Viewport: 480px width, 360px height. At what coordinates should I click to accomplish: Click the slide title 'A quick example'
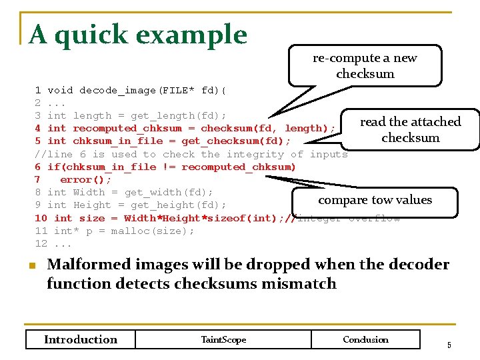tap(138, 35)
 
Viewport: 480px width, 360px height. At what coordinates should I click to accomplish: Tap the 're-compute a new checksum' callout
tap(365, 65)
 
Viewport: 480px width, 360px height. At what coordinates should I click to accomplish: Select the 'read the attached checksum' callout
tap(410, 129)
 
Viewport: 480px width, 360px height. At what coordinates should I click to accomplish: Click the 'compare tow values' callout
tap(375, 200)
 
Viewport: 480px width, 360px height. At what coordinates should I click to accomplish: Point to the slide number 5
tap(449, 345)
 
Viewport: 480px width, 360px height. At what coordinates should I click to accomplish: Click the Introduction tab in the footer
tap(80, 339)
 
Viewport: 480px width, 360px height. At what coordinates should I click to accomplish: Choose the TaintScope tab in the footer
tap(223, 339)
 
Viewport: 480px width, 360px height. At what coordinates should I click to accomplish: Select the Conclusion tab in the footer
tap(365, 339)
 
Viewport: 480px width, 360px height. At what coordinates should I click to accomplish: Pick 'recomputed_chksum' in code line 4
tap(127, 128)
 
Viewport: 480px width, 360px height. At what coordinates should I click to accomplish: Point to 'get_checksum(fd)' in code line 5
tap(236, 141)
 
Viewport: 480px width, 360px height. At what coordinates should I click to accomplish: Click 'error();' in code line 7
tap(86, 179)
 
